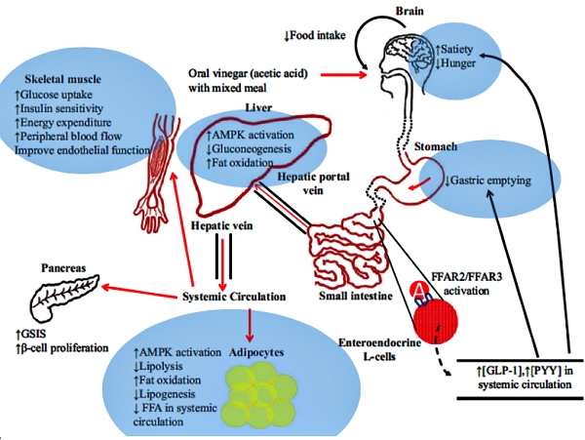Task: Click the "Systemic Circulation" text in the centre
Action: [233, 297]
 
